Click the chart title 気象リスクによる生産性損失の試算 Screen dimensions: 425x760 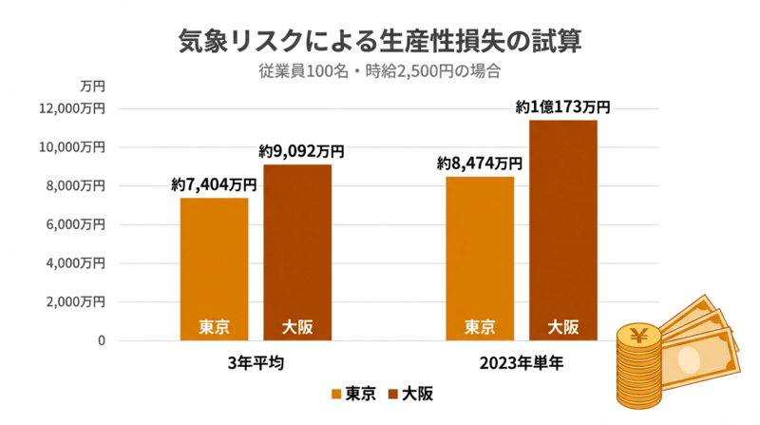coord(380,41)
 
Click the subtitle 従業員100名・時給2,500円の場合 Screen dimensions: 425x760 coord(380,70)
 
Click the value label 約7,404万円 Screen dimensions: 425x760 coord(215,184)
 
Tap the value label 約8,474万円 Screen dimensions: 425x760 coord(480,164)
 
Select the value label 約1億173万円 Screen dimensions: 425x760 coord(562,107)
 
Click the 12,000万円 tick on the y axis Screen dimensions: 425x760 coord(79,108)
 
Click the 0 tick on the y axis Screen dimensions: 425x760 coord(100,340)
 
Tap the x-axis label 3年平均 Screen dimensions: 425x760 coord(256,363)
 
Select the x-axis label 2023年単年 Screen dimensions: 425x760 coord(522,363)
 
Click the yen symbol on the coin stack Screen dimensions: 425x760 coord(639,335)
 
